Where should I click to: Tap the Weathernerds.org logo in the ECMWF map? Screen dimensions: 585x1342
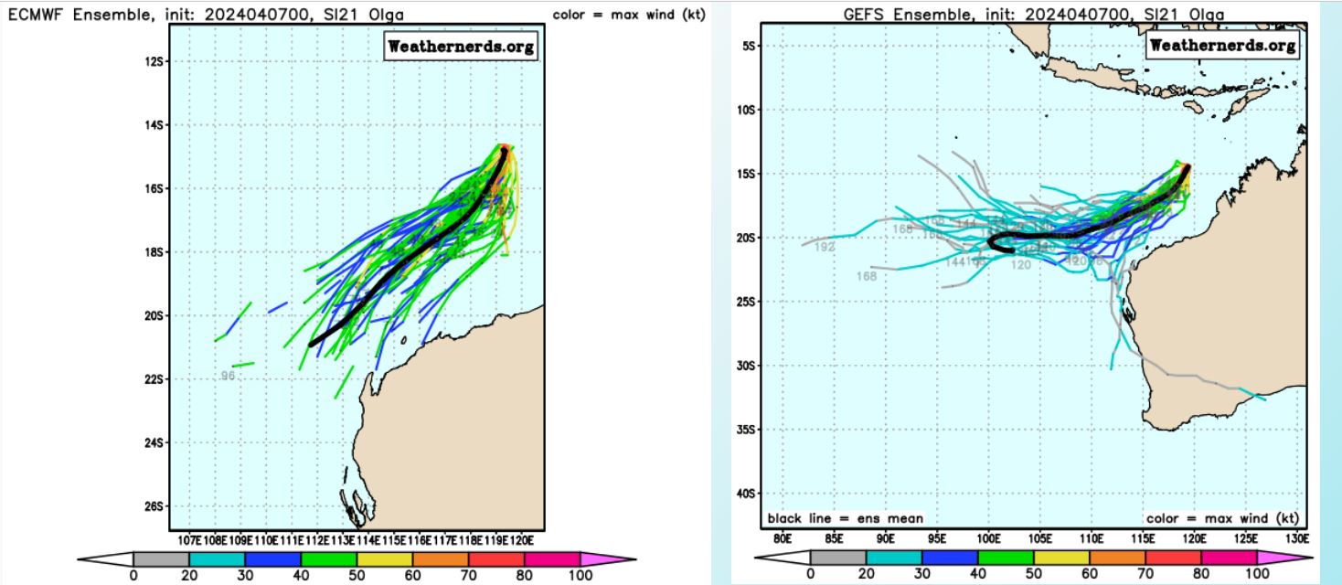[461, 47]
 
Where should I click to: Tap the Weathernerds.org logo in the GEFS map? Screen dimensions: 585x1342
[1222, 45]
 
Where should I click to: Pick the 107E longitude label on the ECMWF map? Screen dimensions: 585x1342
[192, 539]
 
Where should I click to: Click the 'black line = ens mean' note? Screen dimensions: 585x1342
[845, 518]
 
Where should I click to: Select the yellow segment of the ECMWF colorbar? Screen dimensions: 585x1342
[384, 558]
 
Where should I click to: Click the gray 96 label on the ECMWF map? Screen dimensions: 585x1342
[229, 376]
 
